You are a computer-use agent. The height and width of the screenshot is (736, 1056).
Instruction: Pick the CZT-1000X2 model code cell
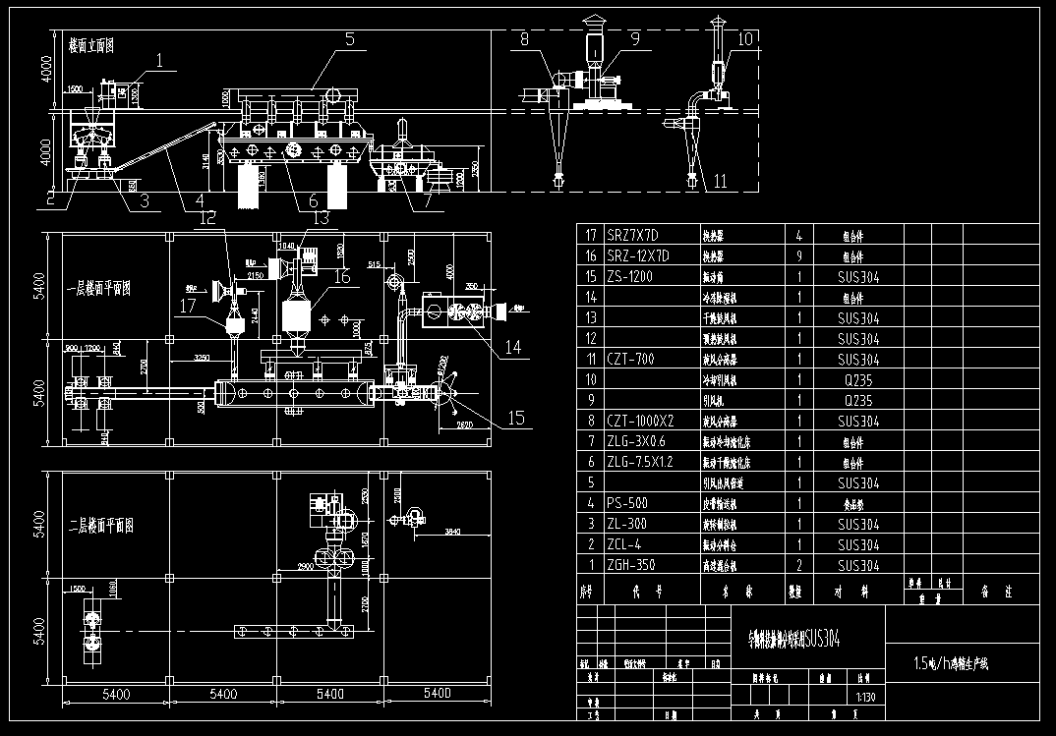pos(640,421)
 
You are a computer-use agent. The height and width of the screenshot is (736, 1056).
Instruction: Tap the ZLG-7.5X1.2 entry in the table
pos(642,462)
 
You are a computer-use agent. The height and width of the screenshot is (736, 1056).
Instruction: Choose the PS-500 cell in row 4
pos(629,503)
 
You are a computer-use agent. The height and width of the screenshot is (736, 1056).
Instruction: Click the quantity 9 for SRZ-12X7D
pos(799,255)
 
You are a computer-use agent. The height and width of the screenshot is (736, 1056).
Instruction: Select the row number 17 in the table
pos(590,235)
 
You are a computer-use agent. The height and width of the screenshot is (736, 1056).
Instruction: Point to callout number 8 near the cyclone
pos(523,39)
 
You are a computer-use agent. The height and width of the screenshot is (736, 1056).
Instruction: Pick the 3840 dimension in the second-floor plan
pos(451,532)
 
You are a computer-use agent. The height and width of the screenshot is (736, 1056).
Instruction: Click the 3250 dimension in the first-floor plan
pos(202,357)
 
